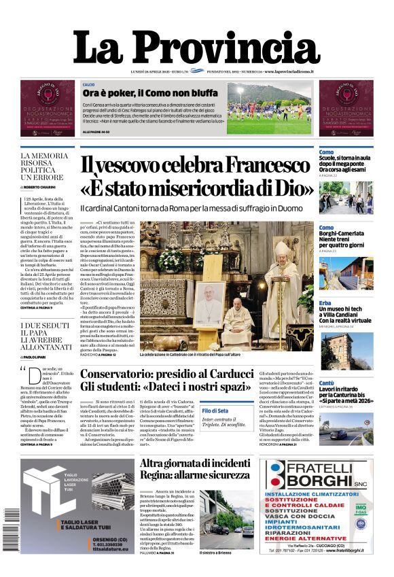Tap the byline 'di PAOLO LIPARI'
click(x=37, y=355)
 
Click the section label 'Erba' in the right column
click(x=325, y=302)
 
